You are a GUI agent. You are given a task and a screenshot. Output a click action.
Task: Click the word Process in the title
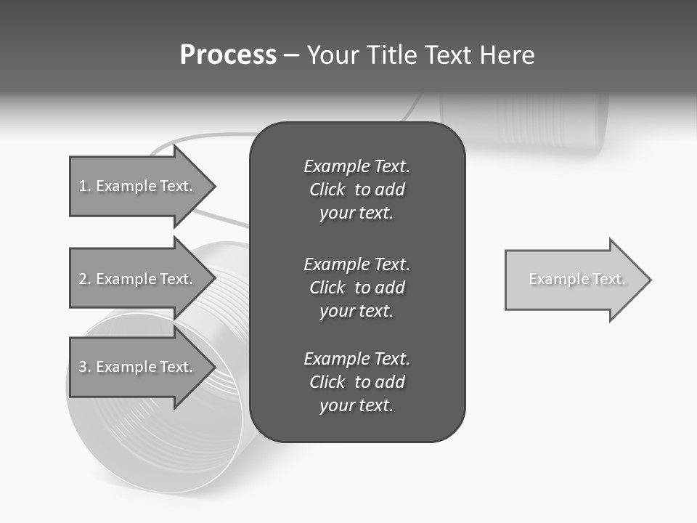click(x=228, y=54)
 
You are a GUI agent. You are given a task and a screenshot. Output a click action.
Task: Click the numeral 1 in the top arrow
click(x=82, y=186)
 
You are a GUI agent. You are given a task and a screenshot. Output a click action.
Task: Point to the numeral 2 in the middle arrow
click(x=83, y=279)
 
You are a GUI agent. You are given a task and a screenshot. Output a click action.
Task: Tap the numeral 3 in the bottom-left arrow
click(x=83, y=367)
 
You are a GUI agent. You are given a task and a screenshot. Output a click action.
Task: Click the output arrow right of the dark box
click(x=574, y=280)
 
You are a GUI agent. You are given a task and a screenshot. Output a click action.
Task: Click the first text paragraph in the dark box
click(x=356, y=190)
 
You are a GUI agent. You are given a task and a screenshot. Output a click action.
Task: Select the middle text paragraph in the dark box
click(x=356, y=287)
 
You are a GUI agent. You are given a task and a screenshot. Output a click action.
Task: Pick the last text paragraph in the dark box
click(x=356, y=382)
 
